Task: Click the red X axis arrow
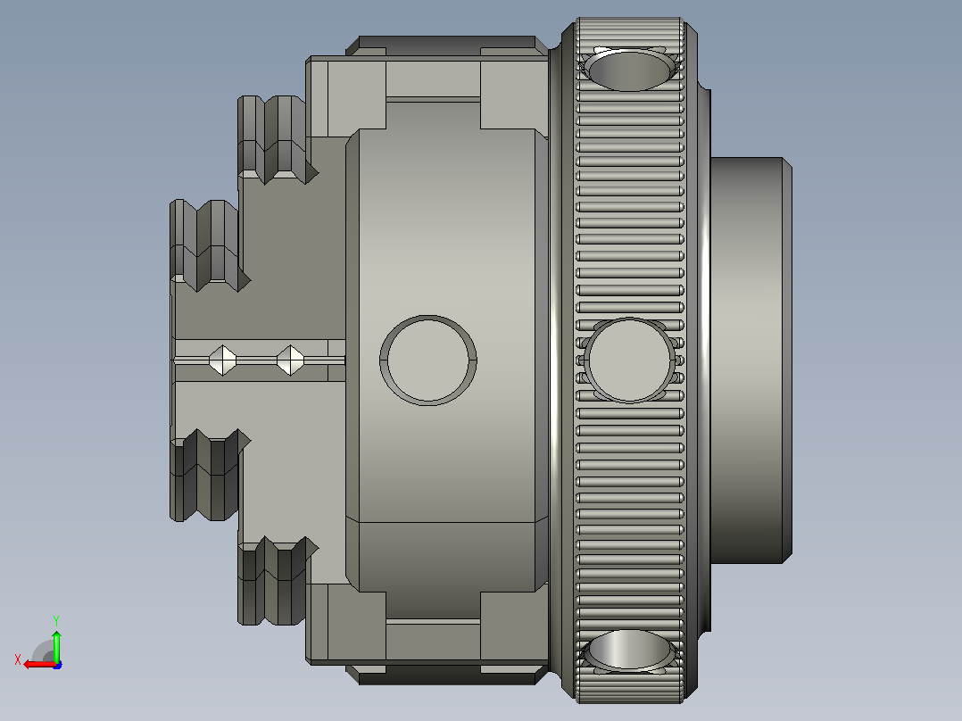39,664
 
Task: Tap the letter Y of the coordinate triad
56,620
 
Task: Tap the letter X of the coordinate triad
18,659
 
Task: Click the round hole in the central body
428,360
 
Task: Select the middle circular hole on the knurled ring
629,360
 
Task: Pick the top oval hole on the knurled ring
628,70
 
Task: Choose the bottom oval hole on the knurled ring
628,650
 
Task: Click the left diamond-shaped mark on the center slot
223,360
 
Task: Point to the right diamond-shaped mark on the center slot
290,360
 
